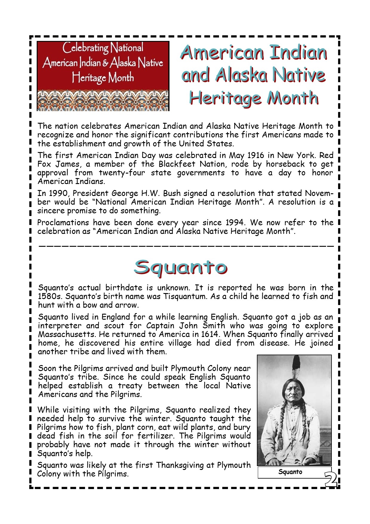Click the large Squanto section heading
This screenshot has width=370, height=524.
(x=180, y=267)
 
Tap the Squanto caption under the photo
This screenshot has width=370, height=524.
(x=290, y=472)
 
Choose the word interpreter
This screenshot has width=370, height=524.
(x=59, y=326)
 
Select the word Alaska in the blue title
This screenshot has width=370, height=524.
(x=240, y=75)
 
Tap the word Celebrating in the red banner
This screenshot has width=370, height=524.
(x=85, y=48)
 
